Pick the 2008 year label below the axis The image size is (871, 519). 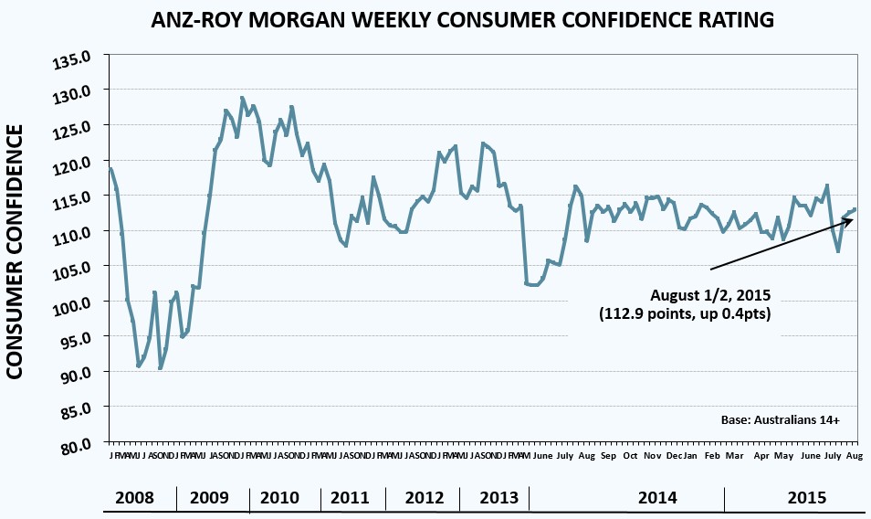[134, 498]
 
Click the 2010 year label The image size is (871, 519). [279, 498]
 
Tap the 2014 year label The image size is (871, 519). [657, 498]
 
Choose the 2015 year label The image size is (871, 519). [807, 498]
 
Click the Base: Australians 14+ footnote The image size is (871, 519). [779, 420]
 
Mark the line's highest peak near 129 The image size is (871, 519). [243, 98]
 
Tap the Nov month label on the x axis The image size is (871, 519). [653, 455]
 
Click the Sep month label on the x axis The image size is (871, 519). [608, 455]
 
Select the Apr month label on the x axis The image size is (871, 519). [761, 455]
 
